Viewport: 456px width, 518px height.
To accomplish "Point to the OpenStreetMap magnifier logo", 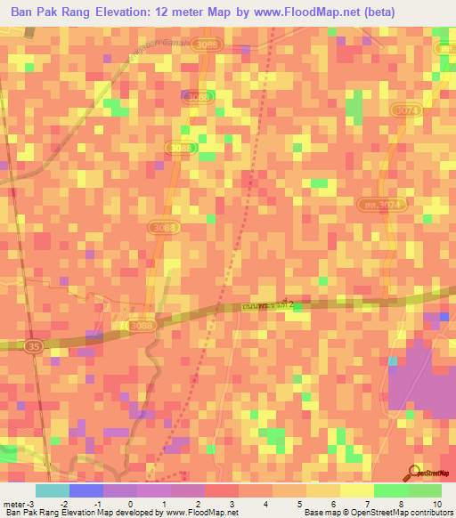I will point(414,473).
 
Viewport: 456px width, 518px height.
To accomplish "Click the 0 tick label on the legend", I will point(131,504).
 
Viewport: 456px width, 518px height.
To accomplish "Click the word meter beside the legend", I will point(12,504).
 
